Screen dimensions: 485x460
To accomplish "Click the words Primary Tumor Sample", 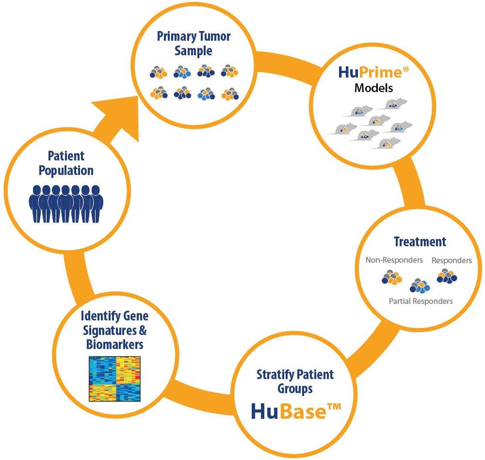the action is pyautogui.click(x=194, y=44).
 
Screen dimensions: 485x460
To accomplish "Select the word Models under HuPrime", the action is pyautogui.click(x=373, y=88).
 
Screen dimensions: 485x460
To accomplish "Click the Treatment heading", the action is pyautogui.click(x=420, y=242).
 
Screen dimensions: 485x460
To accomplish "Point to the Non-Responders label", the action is pyautogui.click(x=394, y=260).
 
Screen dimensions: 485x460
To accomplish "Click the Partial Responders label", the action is pyautogui.click(x=420, y=301).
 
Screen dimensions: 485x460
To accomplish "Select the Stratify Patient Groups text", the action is pyautogui.click(x=295, y=381).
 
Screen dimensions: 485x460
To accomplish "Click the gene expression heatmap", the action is pyautogui.click(x=115, y=379).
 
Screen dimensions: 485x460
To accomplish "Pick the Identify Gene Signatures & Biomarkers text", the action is pyautogui.click(x=114, y=330).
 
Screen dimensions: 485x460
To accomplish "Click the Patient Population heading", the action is pyautogui.click(x=66, y=163).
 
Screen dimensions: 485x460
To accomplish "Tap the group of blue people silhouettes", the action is pyautogui.click(x=66, y=204).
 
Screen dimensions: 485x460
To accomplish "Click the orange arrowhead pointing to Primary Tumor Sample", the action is pyautogui.click(x=121, y=114).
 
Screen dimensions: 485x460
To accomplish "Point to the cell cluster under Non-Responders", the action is pyautogui.click(x=391, y=277).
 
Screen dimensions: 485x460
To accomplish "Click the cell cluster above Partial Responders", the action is pyautogui.click(x=420, y=286).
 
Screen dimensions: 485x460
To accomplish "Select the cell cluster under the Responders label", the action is pyautogui.click(x=447, y=276).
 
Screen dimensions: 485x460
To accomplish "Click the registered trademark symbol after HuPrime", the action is pyautogui.click(x=406, y=69).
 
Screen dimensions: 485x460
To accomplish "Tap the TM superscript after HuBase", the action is pyautogui.click(x=334, y=407).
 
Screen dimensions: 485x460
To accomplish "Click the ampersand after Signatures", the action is pyautogui.click(x=143, y=330).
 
